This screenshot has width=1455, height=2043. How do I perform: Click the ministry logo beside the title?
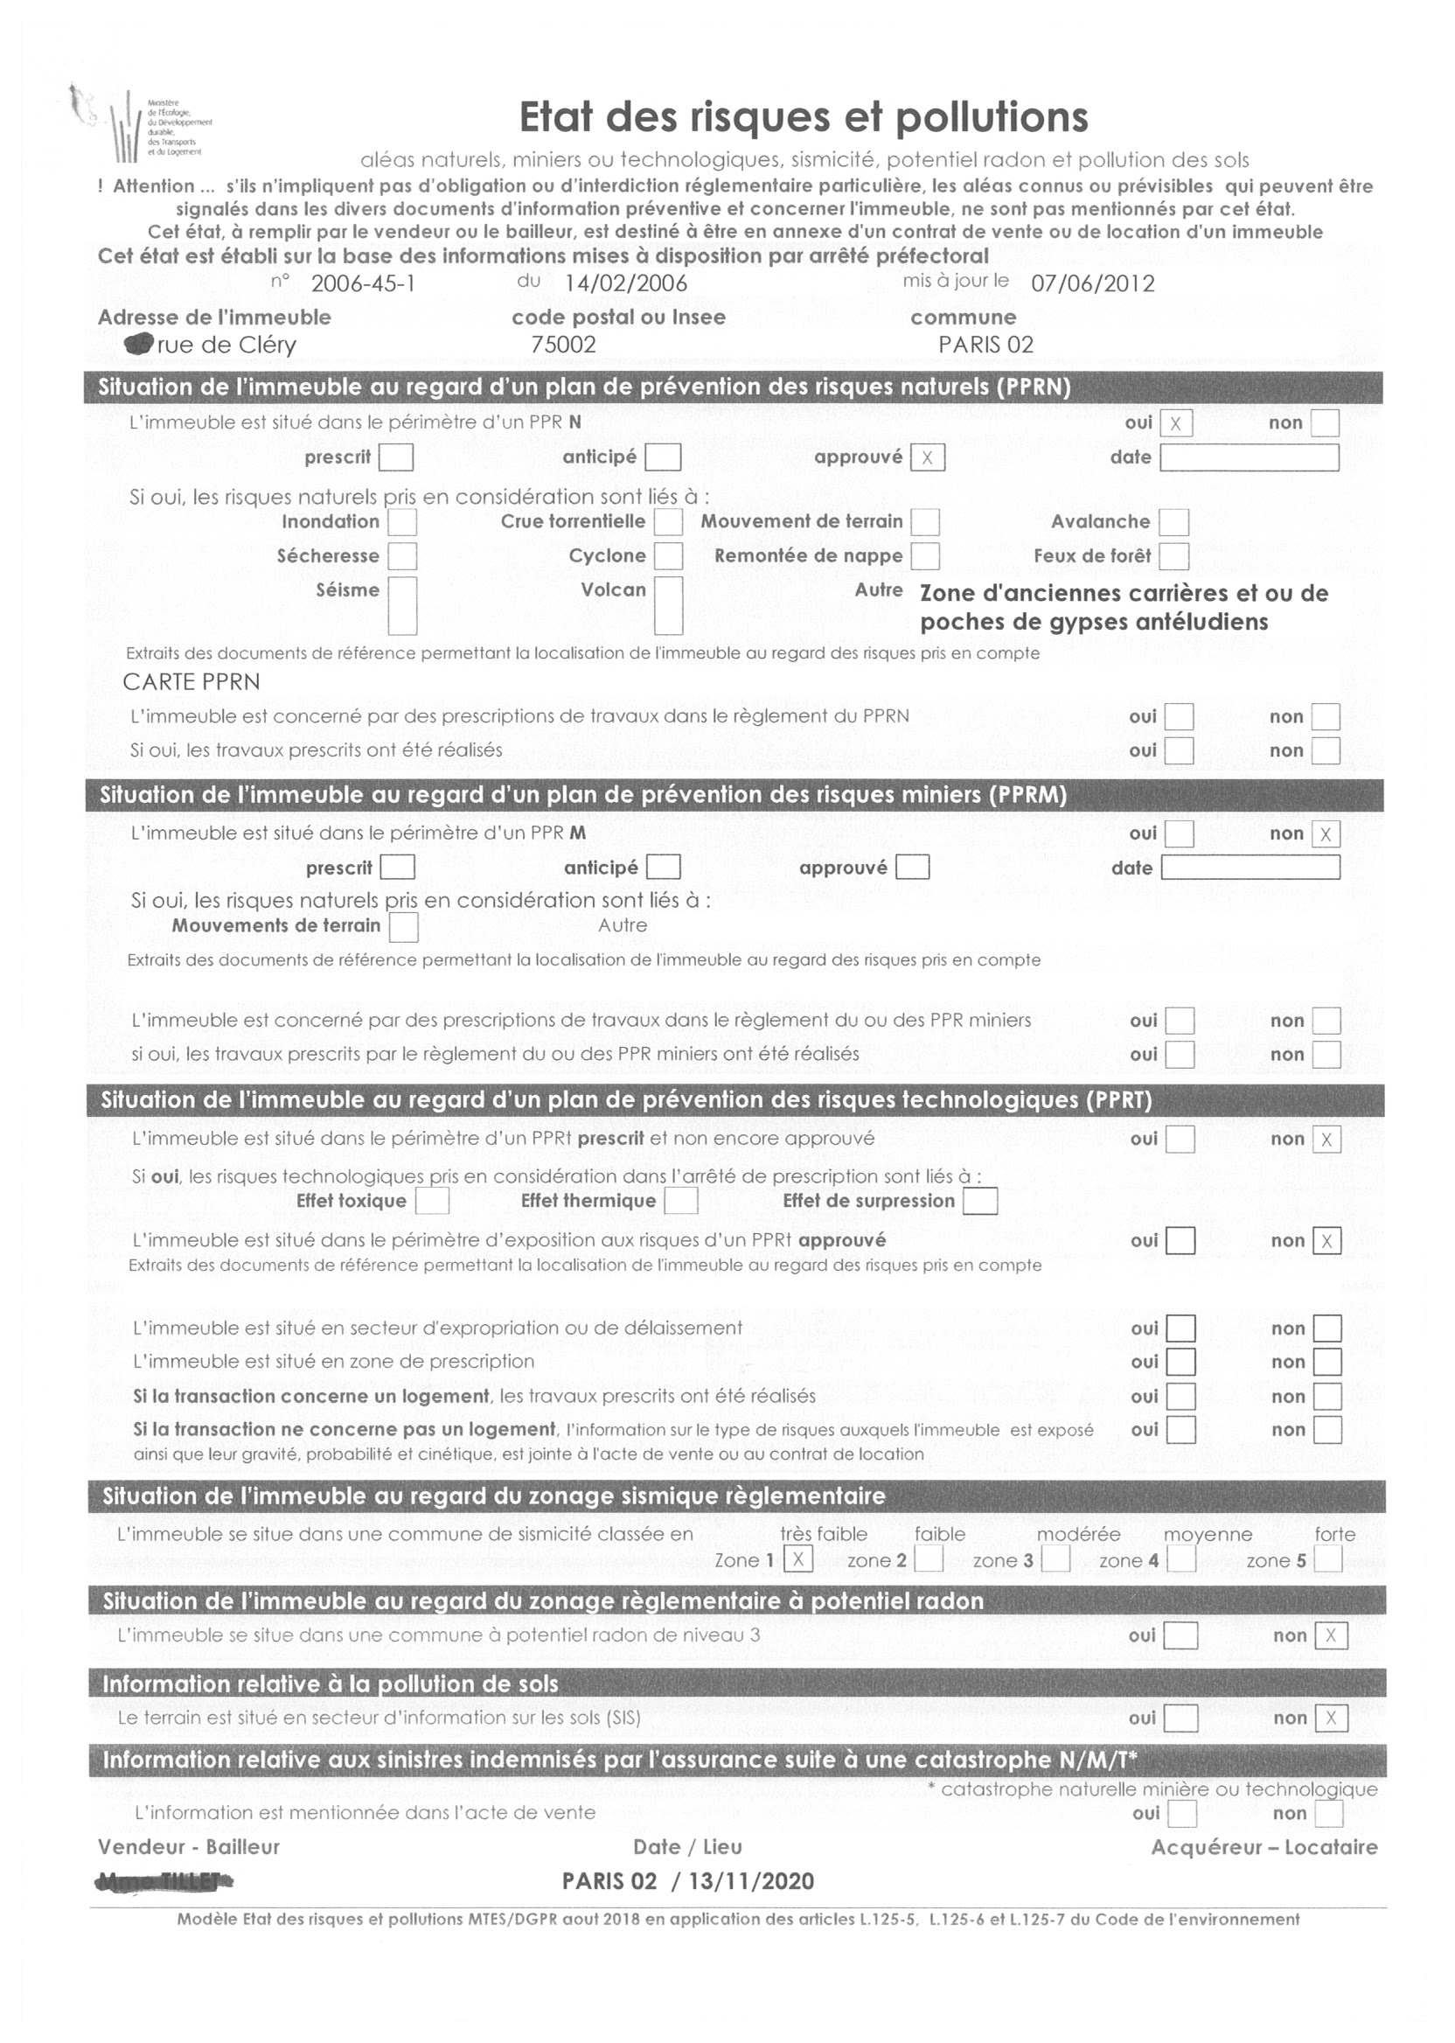coord(143,125)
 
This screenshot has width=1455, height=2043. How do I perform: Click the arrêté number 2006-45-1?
coord(363,284)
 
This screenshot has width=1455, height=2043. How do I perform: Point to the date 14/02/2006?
coord(625,283)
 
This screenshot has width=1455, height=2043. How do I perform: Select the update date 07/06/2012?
coord(1092,284)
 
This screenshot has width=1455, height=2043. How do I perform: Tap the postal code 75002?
coord(562,345)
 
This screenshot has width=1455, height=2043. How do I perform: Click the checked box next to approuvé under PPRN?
coord(927,458)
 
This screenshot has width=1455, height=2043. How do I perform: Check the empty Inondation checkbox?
coord(401,521)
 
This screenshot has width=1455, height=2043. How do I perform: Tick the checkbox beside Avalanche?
coord(1173,521)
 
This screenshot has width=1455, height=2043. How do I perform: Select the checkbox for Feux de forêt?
coord(1173,556)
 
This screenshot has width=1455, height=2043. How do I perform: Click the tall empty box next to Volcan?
coord(668,605)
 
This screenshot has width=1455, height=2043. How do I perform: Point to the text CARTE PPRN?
coord(191,682)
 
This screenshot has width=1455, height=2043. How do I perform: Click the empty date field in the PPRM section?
coord(1250,868)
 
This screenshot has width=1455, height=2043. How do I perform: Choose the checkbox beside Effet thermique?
coord(681,1201)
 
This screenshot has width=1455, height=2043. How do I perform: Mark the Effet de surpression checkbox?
coord(980,1201)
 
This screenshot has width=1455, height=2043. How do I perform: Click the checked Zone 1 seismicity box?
coord(797,1559)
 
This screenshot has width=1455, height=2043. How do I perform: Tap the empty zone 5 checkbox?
coord(1328,1559)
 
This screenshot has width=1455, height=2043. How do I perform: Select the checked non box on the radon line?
coord(1331,1636)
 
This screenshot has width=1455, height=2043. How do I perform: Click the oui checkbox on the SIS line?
coord(1180,1718)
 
